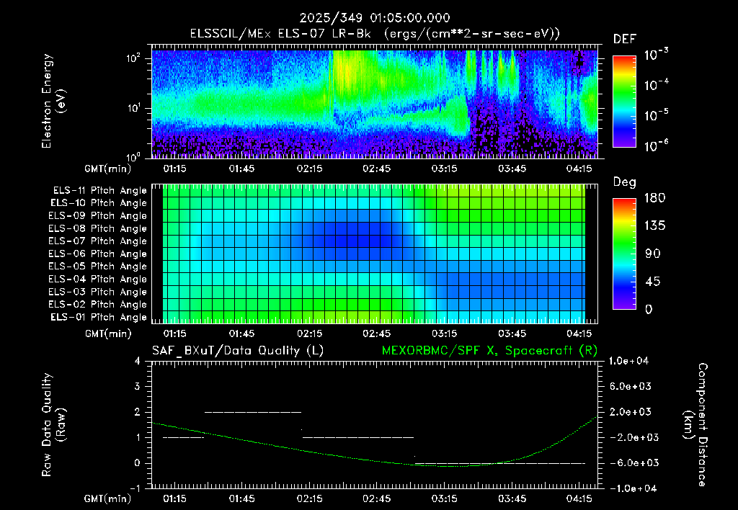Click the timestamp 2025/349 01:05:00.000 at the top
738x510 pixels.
(x=375, y=18)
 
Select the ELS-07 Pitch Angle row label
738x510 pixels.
(x=97, y=241)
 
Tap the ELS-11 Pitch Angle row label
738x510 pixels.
(x=99, y=191)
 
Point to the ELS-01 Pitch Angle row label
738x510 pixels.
(x=98, y=318)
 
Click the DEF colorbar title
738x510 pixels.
(x=625, y=40)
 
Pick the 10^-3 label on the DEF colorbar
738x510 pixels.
(x=657, y=55)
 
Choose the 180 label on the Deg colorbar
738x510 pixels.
(x=654, y=197)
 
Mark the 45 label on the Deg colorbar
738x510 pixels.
(x=652, y=282)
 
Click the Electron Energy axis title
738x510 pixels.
(x=52, y=101)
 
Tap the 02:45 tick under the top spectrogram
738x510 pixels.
(x=376, y=169)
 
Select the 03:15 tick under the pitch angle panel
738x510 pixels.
(x=444, y=334)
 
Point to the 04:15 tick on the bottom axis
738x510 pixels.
(x=579, y=498)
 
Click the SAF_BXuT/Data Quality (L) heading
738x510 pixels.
(x=238, y=351)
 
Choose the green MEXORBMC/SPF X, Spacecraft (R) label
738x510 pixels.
(x=489, y=351)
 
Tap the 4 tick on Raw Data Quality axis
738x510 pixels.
(x=138, y=361)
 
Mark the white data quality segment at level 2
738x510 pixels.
(x=253, y=412)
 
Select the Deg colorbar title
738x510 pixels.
(x=625, y=182)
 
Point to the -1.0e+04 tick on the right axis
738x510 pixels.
(x=629, y=488)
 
